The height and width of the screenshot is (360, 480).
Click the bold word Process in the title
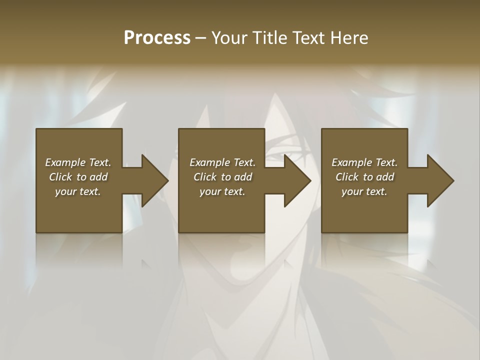(x=157, y=38)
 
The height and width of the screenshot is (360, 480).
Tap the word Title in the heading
(x=267, y=38)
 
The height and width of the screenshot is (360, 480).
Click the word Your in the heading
(x=229, y=38)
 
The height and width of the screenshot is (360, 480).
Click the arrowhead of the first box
(x=153, y=180)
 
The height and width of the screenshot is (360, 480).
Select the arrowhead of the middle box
(x=296, y=180)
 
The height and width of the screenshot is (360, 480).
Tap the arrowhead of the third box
(x=439, y=180)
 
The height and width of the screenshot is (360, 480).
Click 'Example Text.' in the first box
(x=78, y=162)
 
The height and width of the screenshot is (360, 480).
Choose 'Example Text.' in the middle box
(x=222, y=162)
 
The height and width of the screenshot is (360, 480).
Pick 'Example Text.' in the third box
(x=364, y=162)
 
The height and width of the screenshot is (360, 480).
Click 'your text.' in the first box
(x=78, y=191)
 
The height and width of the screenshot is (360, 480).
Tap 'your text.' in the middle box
(x=222, y=191)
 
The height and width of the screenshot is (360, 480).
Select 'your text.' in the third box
(x=364, y=191)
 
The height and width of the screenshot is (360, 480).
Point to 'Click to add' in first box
(x=78, y=177)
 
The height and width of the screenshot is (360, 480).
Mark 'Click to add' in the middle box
(x=222, y=177)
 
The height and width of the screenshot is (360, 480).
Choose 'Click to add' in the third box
(x=364, y=177)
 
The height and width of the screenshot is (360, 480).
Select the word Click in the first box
(x=60, y=177)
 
